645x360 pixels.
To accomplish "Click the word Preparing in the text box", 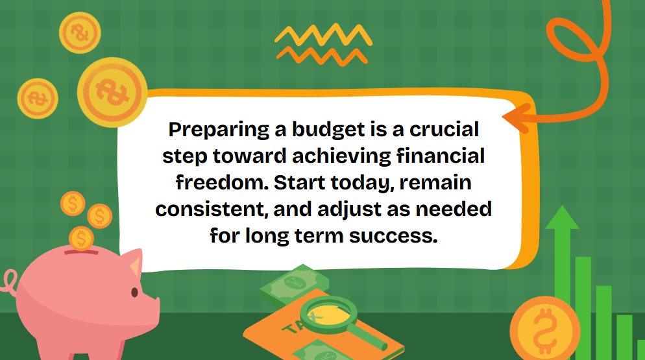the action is coord(219,130).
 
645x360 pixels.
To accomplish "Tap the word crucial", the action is coord(444,129).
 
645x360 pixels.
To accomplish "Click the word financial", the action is coord(441,156).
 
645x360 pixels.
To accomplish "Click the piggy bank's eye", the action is coord(134,293).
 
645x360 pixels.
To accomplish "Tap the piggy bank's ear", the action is coord(134,263).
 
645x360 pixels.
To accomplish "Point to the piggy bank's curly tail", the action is coord(9,281).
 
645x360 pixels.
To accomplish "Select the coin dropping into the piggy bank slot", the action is coord(81,238).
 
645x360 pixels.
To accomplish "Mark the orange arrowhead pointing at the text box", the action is coord(517,117).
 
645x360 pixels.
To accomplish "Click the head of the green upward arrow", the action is coord(562,217).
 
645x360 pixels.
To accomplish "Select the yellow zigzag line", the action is coord(323,34).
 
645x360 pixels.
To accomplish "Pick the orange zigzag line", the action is coord(322,56).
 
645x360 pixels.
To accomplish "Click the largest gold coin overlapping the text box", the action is coord(112,92).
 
